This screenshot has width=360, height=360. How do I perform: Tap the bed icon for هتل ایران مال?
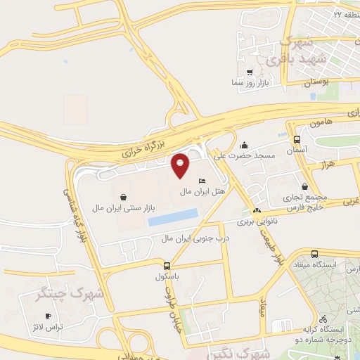pyautogui.click(x=202, y=181)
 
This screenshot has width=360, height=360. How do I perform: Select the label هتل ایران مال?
pyautogui.click(x=202, y=191)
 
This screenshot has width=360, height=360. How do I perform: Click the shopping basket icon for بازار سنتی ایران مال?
pyautogui.click(x=124, y=198)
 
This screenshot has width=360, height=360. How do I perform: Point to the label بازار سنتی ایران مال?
pyautogui.click(x=124, y=208)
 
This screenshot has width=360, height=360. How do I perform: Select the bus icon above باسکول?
pyautogui.click(x=167, y=266)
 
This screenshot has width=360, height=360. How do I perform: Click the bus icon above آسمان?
pyautogui.click(x=297, y=140)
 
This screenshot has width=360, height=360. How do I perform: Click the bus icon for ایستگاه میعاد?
pyautogui.click(x=314, y=254)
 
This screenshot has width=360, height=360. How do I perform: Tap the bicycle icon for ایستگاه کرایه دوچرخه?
pyautogui.click(x=323, y=319)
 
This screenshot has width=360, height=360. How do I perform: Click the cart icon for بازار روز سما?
pyautogui.click(x=250, y=72)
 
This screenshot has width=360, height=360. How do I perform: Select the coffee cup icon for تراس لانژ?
pyautogui.click(x=48, y=317)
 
